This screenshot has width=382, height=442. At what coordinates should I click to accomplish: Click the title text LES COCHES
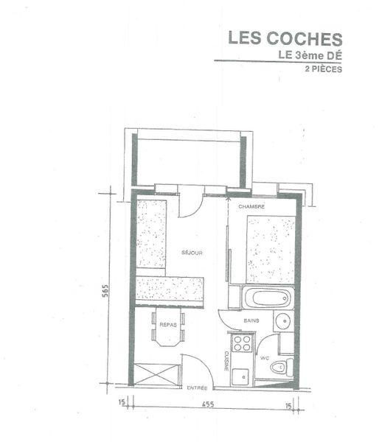tap(285, 38)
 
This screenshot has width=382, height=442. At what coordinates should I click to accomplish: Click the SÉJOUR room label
tap(192, 253)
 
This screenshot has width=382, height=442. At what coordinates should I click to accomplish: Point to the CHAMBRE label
tap(251, 207)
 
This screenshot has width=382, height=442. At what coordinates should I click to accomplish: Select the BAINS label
tap(251, 322)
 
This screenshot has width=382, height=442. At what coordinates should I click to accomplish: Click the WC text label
tap(263, 358)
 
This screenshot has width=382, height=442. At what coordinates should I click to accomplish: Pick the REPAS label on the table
tap(168, 325)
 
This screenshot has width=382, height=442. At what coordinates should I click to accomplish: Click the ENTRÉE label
tap(197, 388)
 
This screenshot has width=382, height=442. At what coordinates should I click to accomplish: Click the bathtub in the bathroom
tap(268, 299)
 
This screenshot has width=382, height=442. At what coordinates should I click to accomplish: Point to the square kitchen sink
tap(240, 376)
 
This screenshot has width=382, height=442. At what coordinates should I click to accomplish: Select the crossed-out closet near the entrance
tap(157, 373)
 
